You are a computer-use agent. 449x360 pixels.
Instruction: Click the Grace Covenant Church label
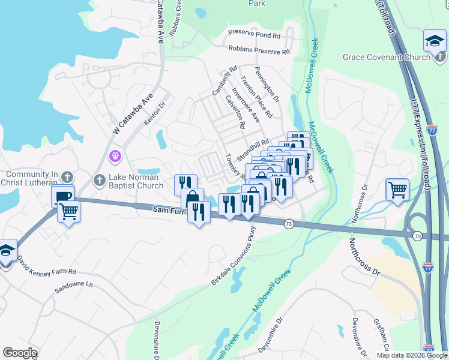click(386, 57)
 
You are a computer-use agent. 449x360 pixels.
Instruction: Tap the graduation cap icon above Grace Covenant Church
click(434, 41)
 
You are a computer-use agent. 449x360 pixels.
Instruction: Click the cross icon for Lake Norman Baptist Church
click(100, 179)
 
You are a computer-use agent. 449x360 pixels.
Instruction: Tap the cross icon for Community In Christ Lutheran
click(67, 178)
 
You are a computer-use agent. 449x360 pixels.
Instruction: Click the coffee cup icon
click(62, 196)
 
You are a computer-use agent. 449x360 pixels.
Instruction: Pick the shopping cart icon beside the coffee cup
click(69, 211)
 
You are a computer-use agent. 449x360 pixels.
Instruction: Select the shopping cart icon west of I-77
click(397, 190)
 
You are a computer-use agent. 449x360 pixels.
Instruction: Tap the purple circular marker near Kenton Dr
click(115, 156)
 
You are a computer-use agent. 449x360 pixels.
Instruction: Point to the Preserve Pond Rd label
click(255, 35)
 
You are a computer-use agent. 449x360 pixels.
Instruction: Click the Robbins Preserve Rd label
click(259, 52)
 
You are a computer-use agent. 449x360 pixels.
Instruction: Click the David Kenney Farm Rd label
click(46, 266)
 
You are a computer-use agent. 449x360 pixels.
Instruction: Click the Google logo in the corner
click(19, 353)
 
